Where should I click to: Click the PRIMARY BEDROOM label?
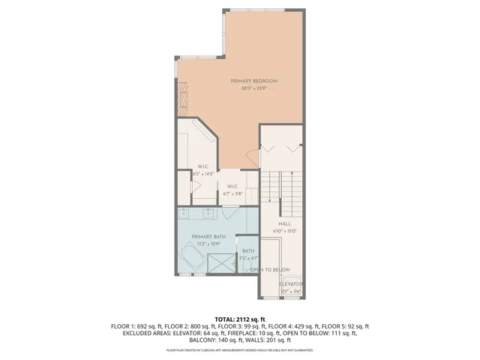tap(254, 81)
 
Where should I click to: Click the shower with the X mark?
tap(221, 263)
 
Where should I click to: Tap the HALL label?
tap(285, 223)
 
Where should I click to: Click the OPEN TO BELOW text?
tap(270, 269)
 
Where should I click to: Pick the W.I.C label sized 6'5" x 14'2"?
tap(202, 166)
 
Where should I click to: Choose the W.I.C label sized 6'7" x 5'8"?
tap(232, 186)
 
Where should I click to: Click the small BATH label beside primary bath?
tap(248, 250)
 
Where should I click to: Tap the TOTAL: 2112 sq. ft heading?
tap(240, 319)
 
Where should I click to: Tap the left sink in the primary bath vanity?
tap(187, 213)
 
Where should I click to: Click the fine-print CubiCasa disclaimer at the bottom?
tap(239, 350)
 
